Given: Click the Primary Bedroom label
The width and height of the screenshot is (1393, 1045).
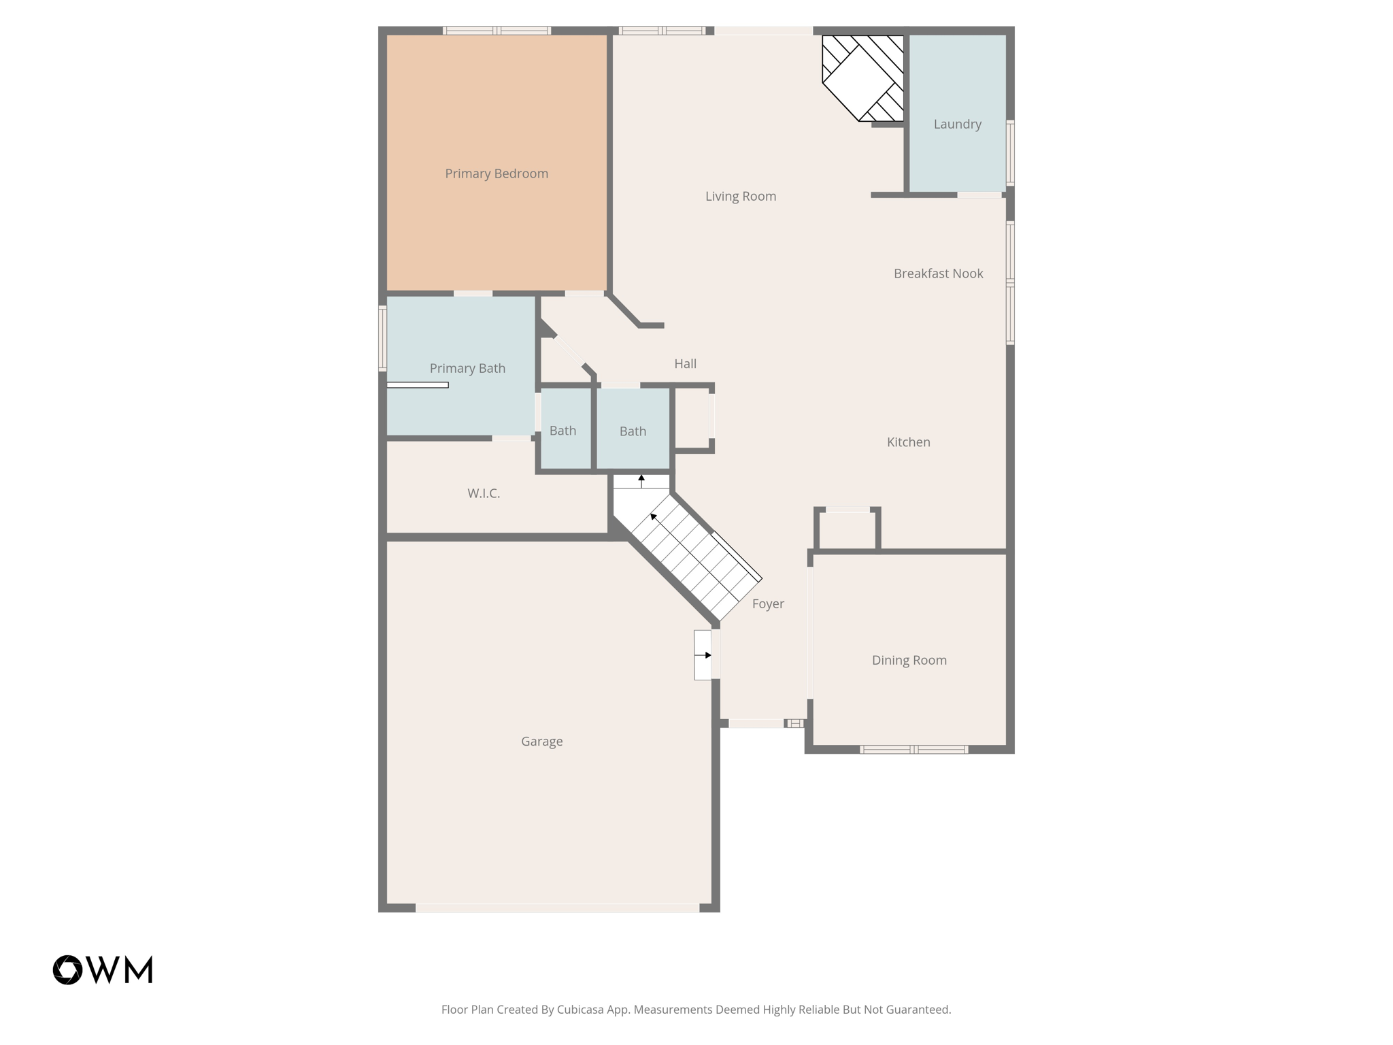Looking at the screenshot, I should click(x=497, y=173).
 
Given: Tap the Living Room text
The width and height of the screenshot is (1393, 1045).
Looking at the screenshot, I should click(x=740, y=196).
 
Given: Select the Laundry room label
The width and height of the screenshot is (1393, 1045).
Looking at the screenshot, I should click(x=957, y=124).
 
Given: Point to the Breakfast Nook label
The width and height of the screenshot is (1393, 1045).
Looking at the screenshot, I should click(x=938, y=273).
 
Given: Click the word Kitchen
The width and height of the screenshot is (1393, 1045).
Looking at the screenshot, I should click(x=908, y=442).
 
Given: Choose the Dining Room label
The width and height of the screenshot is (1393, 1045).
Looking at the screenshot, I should click(x=909, y=660).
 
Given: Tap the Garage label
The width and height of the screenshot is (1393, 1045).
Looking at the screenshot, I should click(x=541, y=741).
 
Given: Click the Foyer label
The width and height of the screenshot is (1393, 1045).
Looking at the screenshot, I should click(x=768, y=603).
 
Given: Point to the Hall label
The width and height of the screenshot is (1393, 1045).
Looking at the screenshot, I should click(x=685, y=363).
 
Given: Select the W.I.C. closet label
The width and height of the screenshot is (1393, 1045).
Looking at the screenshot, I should click(x=484, y=493).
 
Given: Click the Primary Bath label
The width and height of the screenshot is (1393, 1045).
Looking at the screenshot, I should click(x=467, y=368).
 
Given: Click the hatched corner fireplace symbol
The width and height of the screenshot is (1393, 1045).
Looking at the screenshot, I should click(x=863, y=78).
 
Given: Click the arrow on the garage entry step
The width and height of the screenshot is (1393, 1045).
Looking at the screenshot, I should click(x=707, y=655).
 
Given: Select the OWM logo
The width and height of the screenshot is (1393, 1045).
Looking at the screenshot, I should click(x=103, y=969).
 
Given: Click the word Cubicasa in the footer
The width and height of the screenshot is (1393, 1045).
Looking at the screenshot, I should click(x=582, y=1010).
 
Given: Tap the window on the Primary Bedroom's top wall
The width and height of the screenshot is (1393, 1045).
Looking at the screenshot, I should click(x=497, y=31).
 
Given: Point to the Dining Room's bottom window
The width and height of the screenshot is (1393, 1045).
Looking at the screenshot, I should click(x=913, y=750).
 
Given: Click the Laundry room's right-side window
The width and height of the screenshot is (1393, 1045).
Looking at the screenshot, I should click(x=1010, y=152).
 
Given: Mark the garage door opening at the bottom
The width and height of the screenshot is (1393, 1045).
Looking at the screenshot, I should click(x=557, y=908).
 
